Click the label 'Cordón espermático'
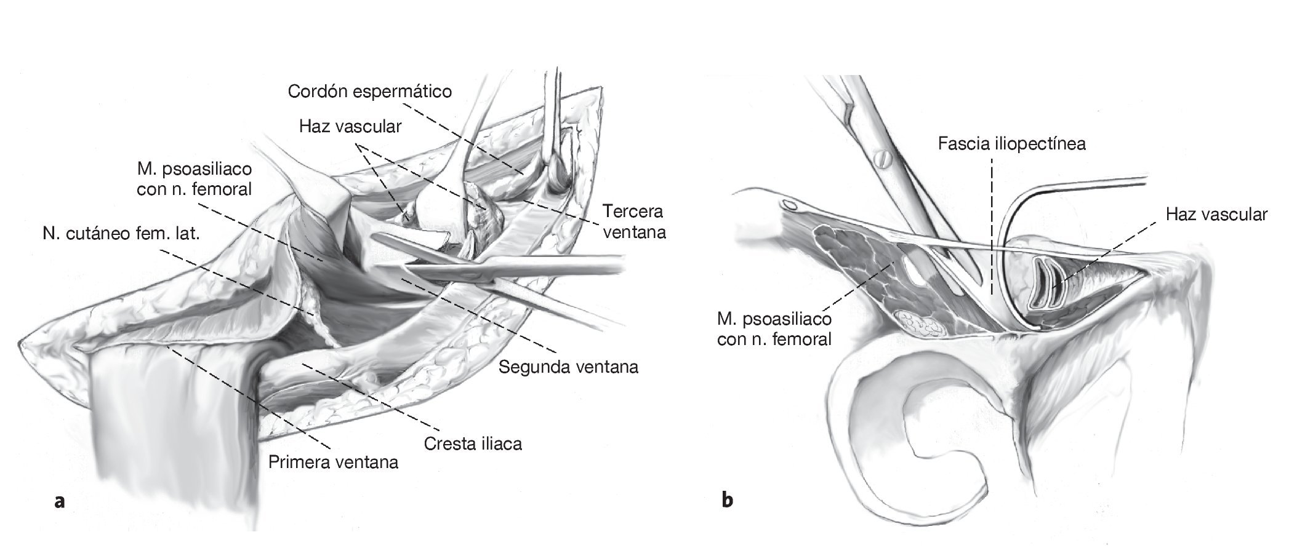(x=370, y=92)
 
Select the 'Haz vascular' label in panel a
(x=350, y=127)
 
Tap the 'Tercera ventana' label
(x=633, y=222)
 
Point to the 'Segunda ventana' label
(x=568, y=367)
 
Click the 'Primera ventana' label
(x=333, y=461)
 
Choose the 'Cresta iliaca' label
(x=473, y=443)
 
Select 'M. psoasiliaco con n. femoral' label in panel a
(x=194, y=178)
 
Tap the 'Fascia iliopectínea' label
(x=1011, y=144)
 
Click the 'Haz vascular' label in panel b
(x=1216, y=215)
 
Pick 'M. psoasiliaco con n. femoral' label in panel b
(x=774, y=329)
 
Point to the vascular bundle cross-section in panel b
(x=1045, y=283)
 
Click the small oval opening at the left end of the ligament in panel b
(x=789, y=204)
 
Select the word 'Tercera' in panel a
(x=633, y=212)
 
